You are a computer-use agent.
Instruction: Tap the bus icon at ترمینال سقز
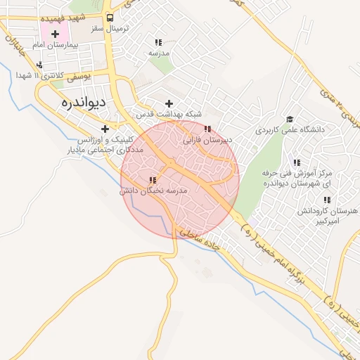(x=110, y=19)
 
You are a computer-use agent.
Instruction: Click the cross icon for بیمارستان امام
(x=55, y=33)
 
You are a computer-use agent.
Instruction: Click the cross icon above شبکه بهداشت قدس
(x=169, y=103)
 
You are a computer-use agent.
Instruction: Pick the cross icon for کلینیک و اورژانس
(x=105, y=129)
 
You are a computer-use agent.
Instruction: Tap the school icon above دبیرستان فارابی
(x=207, y=129)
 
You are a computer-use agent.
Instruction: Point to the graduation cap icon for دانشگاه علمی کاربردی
(x=289, y=120)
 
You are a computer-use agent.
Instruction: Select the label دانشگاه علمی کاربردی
(x=289, y=130)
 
